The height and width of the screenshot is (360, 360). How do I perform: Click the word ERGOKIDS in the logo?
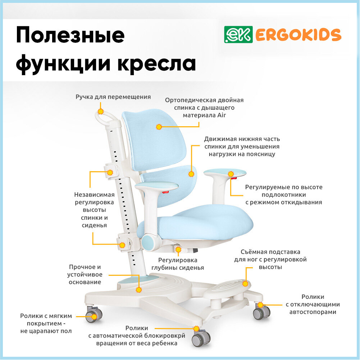click(x=298, y=35)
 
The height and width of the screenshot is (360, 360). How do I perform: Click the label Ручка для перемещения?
click(x=113, y=97)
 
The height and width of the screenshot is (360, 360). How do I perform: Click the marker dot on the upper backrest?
click(x=159, y=127)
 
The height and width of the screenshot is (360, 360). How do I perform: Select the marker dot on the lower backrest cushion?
click(x=191, y=174)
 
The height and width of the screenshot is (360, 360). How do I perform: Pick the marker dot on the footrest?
click(x=245, y=284)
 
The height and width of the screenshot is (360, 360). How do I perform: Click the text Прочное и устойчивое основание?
click(x=85, y=274)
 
